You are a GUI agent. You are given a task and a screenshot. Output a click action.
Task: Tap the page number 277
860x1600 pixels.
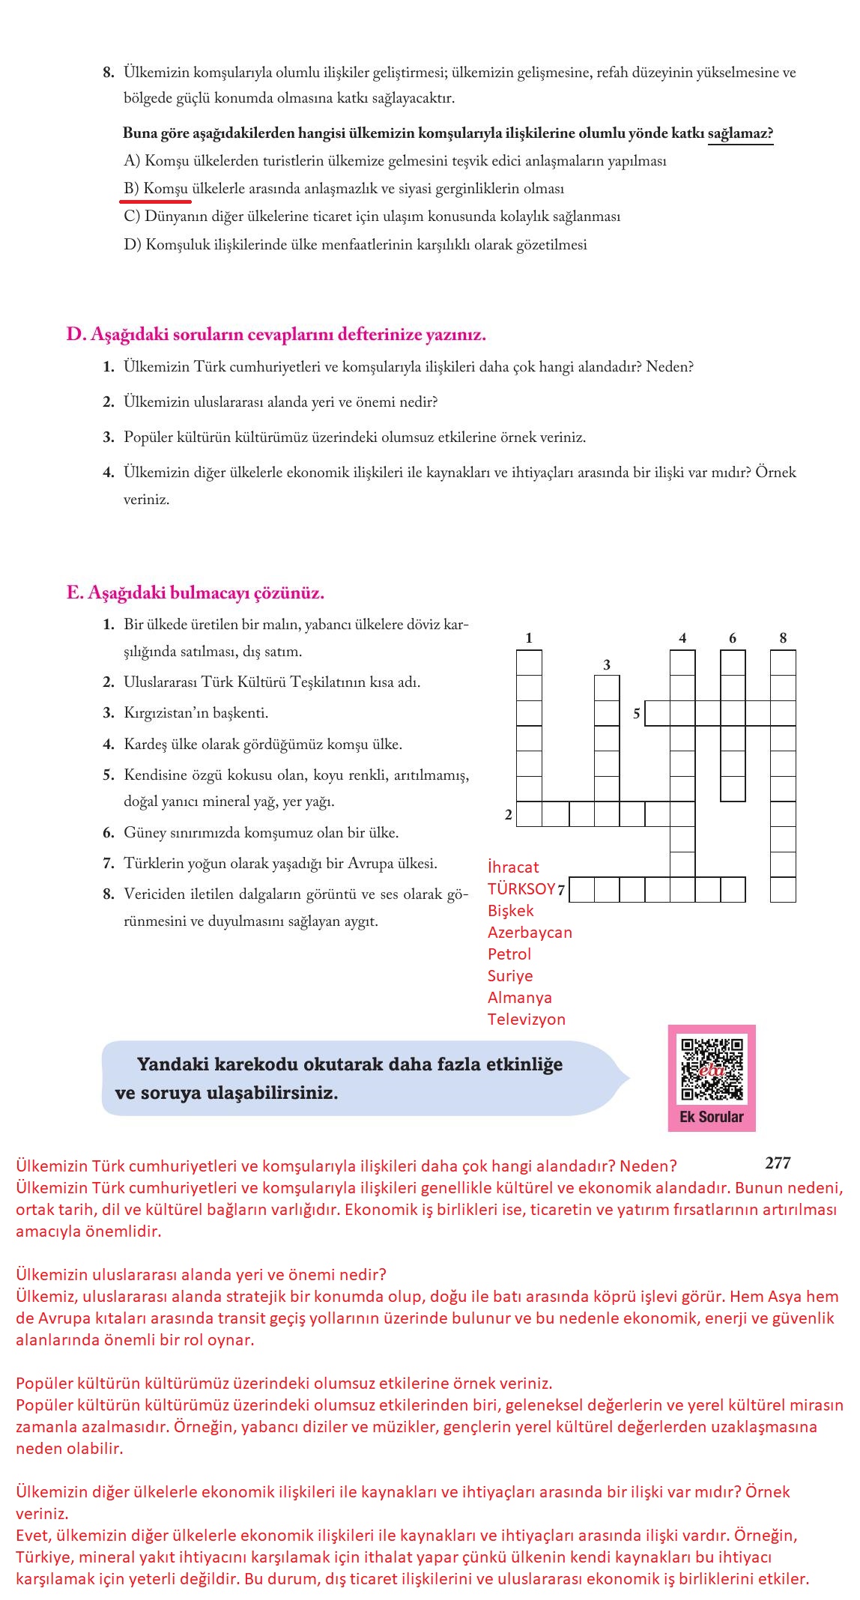[x=778, y=1163]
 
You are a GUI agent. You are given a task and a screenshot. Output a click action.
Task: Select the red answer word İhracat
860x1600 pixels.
[x=513, y=867]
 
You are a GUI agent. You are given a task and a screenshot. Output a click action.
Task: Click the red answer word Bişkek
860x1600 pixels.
[x=511, y=911]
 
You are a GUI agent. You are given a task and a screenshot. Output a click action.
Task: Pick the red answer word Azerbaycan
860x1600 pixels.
[x=530, y=933]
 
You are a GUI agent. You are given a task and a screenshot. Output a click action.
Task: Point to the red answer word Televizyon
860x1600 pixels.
[x=527, y=1019]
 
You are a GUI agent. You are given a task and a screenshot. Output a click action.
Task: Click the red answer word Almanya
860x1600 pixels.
[x=520, y=998]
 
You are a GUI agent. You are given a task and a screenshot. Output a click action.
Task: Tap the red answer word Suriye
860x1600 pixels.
[x=510, y=976]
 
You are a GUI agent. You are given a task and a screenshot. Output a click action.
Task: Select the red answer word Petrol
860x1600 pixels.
[x=509, y=954]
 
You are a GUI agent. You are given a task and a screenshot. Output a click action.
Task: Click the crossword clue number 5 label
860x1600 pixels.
[x=636, y=714]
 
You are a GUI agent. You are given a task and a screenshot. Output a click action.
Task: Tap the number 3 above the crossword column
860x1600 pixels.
[x=607, y=665]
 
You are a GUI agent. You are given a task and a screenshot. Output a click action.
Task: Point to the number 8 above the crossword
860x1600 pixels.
[x=783, y=638]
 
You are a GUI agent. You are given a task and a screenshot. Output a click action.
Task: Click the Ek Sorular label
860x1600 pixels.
[x=712, y=1117]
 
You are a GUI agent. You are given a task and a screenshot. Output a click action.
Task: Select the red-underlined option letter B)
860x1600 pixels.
[x=132, y=189]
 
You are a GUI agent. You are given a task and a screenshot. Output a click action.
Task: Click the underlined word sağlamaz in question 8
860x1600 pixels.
[x=739, y=133]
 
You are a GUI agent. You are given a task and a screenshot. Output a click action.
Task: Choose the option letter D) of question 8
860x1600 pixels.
[x=133, y=245]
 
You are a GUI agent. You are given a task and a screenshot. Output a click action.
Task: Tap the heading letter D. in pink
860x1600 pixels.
[x=76, y=335]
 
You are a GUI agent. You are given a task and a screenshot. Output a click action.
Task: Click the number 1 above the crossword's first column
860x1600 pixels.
[x=529, y=638]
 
